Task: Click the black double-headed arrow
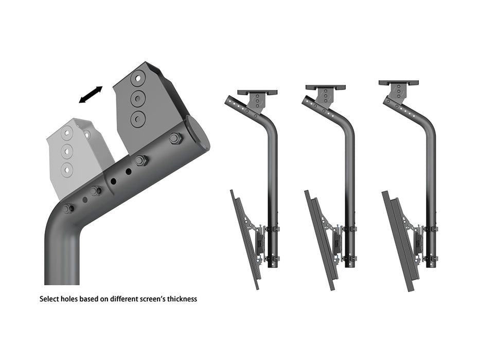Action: (91, 95)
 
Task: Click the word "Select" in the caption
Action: (50, 298)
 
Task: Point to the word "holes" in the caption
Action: (72, 298)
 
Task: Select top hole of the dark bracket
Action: (138, 80)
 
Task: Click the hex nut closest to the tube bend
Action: (67, 208)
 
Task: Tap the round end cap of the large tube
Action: (198, 133)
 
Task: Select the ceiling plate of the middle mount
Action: (325, 87)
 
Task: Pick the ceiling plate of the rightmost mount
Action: (399, 82)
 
